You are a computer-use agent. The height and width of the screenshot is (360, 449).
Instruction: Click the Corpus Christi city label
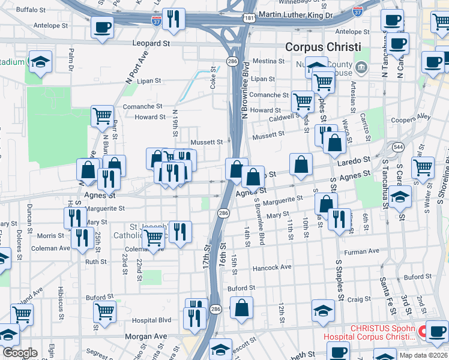tap(322, 47)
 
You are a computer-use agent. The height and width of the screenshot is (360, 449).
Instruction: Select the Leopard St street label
tap(153, 43)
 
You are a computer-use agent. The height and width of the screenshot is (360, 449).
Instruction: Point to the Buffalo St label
tap(31, 10)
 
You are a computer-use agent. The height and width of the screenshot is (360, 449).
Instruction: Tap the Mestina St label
tap(268, 61)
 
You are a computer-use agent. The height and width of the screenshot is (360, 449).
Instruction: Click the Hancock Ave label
tap(272, 267)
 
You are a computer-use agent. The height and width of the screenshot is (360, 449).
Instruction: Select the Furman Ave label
tap(366, 251)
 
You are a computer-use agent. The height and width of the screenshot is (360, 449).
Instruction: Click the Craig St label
tap(359, 299)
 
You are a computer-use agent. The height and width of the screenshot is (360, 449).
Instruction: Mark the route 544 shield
tap(397, 146)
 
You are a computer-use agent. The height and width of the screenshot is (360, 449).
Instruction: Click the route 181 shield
tap(249, 18)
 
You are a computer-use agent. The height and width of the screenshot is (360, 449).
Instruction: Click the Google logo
tap(20, 353)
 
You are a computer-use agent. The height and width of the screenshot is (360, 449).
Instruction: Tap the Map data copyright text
tap(423, 355)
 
